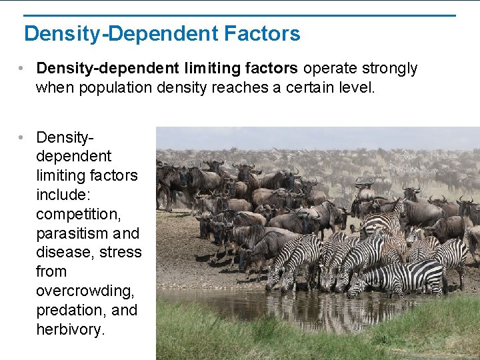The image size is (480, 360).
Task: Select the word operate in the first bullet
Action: tap(327, 68)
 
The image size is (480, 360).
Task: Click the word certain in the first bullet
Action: tap(311, 87)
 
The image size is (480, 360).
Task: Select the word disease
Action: tap(62, 252)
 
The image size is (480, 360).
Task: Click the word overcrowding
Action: tap(87, 291)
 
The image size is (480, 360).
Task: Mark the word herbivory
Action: tap(71, 329)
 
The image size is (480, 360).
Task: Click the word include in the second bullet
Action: tap(63, 195)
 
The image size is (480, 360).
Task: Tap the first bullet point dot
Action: tap(23, 69)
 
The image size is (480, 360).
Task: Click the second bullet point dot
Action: tap(23, 137)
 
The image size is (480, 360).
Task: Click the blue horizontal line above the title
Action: tap(240, 15)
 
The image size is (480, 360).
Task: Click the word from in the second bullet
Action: tap(51, 271)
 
